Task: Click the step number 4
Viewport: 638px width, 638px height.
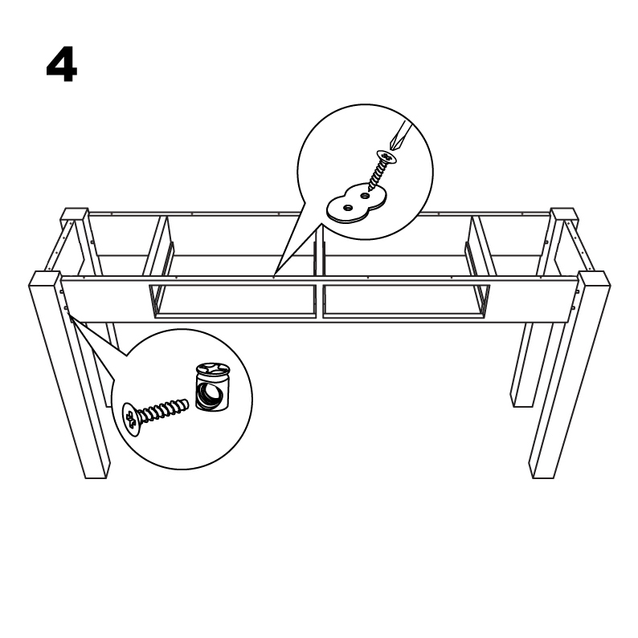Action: [62, 64]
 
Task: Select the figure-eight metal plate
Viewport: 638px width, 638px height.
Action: [357, 203]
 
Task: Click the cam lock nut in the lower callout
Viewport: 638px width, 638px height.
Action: [213, 386]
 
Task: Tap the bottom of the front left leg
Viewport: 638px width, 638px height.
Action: [96, 477]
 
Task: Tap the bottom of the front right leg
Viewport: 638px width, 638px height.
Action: [543, 477]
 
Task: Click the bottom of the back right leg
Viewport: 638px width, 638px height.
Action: [523, 405]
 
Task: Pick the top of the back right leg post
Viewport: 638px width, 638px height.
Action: [564, 214]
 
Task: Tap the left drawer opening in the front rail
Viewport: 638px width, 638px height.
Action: [233, 301]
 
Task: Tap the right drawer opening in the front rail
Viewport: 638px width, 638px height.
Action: [406, 301]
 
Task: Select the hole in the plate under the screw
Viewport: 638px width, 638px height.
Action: [365, 196]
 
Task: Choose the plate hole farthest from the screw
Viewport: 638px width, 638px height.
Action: [347, 208]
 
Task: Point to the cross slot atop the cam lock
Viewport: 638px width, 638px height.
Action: [214, 368]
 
